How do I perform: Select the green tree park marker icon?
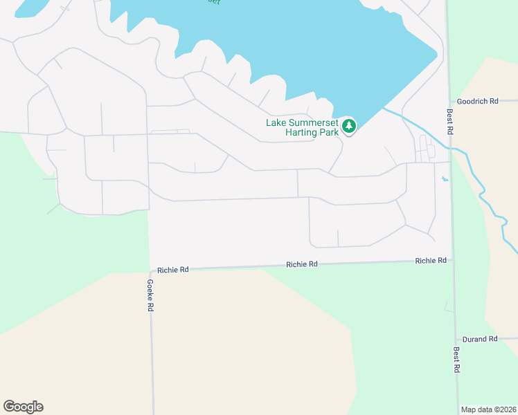click(349, 127)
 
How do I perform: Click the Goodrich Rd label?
click(478, 101)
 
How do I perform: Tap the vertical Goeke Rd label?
click(150, 295)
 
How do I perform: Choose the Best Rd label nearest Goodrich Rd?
click(449, 122)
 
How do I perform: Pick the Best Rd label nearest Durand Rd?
click(456, 360)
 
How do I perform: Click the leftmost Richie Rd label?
click(172, 269)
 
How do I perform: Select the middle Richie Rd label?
click(302, 264)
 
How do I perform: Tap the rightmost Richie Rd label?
click(431, 261)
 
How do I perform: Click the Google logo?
click(23, 407)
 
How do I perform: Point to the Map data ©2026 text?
click(488, 409)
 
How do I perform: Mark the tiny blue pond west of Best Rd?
click(444, 180)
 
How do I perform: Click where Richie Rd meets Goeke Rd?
click(150, 271)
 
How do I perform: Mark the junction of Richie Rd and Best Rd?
click(452, 261)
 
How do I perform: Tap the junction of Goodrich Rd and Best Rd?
click(449, 102)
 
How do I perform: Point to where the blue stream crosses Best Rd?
click(450, 147)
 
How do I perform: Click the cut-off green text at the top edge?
click(213, 2)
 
